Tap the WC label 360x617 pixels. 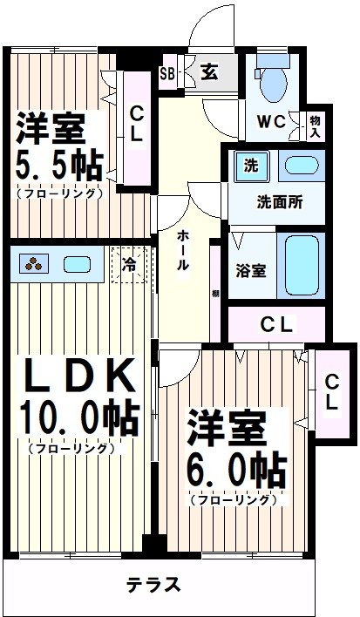[x=270, y=122]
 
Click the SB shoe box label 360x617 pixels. [x=166, y=74]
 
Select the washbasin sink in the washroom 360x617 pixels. [x=302, y=166]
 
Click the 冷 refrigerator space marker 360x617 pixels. [x=128, y=261]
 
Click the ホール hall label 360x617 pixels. [x=183, y=251]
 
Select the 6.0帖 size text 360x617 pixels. [x=235, y=471]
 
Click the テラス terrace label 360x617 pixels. [x=153, y=584]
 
